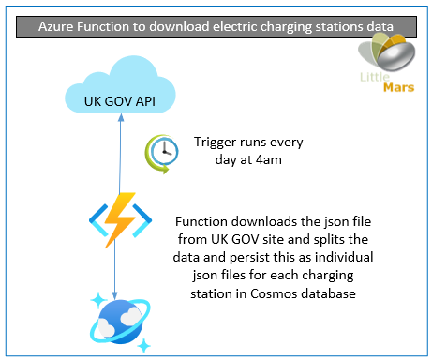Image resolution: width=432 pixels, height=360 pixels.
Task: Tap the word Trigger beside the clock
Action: tap(218, 143)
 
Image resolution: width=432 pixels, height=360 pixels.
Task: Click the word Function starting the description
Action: tap(206, 220)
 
